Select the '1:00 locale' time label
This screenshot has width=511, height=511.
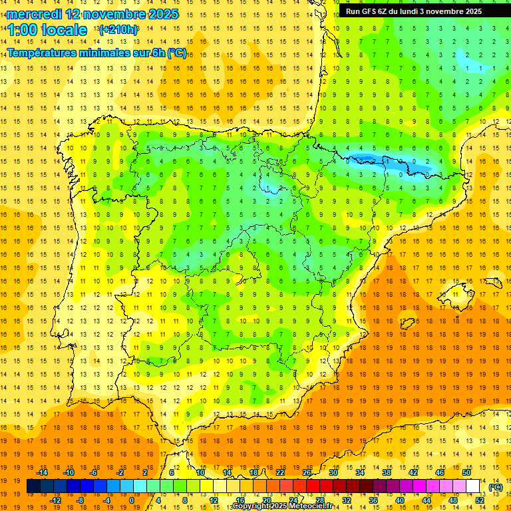(x=47, y=30)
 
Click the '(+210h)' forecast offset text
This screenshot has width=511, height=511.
(x=118, y=30)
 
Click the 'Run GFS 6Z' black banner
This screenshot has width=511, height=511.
(x=414, y=11)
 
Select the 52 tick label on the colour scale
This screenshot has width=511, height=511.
(x=479, y=500)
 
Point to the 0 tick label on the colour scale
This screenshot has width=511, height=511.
(x=131, y=500)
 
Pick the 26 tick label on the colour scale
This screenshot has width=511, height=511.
(x=307, y=472)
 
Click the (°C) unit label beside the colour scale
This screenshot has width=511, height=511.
(x=495, y=487)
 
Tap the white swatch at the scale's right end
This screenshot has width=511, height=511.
(x=472, y=486)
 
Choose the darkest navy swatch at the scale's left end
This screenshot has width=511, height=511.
(x=33, y=486)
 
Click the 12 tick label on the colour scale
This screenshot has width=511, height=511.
(x=213, y=500)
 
